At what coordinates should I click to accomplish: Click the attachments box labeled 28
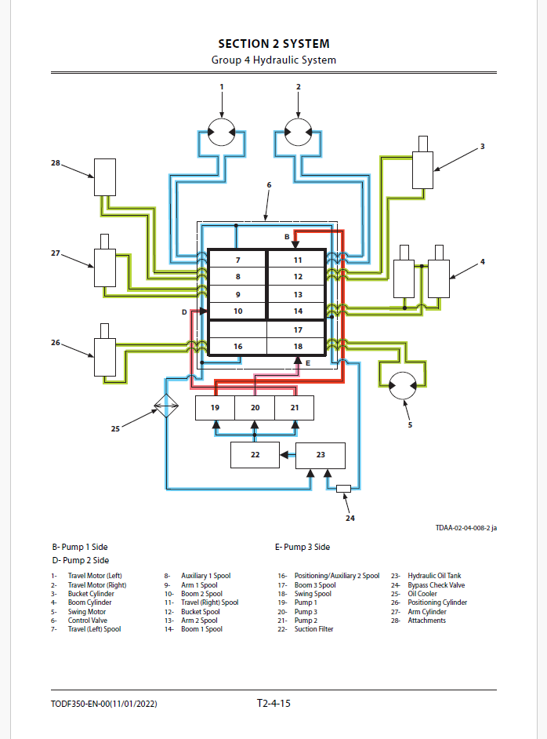[x=105, y=177]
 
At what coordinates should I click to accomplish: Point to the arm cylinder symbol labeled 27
[x=105, y=267]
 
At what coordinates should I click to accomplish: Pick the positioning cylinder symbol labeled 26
[x=105, y=357]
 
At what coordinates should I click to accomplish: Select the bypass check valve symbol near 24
[x=343, y=490]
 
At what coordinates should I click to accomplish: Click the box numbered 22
[x=255, y=455]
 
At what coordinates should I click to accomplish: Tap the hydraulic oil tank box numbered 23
[x=320, y=455]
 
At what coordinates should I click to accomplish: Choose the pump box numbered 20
[x=255, y=408]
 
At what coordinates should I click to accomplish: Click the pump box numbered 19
[x=215, y=408]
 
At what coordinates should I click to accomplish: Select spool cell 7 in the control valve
[x=237, y=260]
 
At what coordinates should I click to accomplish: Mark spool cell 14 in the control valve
[x=297, y=311]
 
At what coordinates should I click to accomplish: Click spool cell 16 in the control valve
[x=237, y=346]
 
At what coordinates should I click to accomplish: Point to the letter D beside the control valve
[x=185, y=312]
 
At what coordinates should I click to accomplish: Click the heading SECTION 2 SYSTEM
[x=273, y=44]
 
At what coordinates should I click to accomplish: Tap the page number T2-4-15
[x=273, y=704]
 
